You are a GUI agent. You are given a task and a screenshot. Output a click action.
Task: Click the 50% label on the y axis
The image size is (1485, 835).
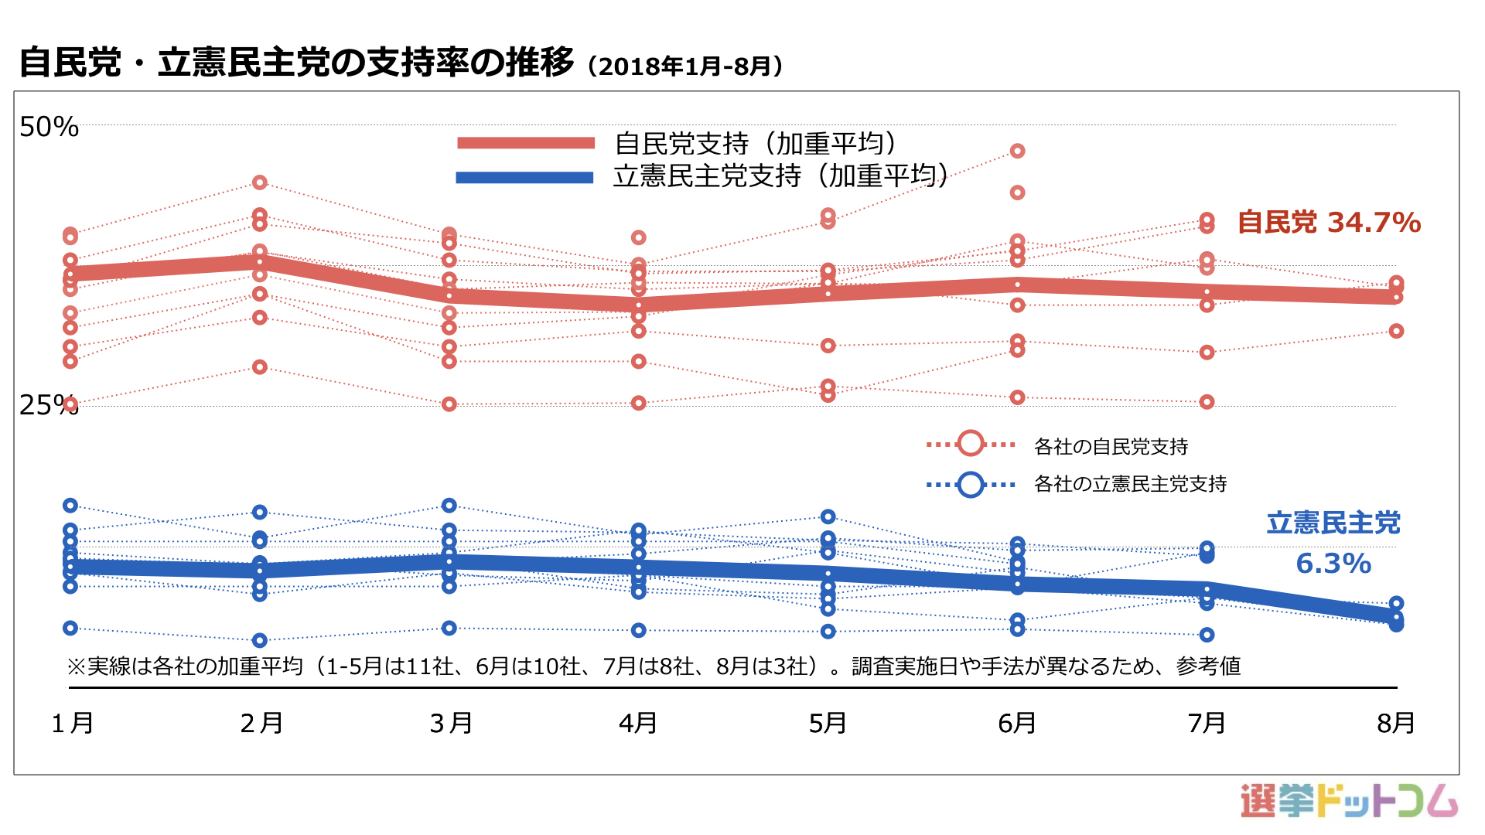(49, 127)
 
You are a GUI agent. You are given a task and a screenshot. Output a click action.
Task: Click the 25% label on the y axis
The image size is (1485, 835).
(49, 404)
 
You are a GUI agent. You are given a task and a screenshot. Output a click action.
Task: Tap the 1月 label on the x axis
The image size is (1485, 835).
(72, 724)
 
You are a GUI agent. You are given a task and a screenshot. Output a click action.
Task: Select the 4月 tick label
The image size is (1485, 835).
(638, 724)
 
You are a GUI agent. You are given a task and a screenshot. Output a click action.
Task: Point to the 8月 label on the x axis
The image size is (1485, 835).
(1396, 724)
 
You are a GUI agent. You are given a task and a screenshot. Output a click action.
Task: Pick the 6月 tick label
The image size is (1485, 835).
(1017, 724)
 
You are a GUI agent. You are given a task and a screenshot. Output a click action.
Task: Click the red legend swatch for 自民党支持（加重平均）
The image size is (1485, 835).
(526, 143)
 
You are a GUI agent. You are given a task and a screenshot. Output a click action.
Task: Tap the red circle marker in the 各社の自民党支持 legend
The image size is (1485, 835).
(971, 444)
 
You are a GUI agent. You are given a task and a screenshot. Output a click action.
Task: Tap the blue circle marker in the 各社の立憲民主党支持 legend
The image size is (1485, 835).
(971, 485)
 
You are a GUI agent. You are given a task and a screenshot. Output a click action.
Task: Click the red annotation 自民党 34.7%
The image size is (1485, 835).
(1329, 223)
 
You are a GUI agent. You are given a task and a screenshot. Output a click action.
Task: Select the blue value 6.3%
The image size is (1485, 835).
(1333, 564)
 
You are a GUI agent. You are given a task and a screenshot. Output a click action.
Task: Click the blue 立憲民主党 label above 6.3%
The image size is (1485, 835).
(1333, 523)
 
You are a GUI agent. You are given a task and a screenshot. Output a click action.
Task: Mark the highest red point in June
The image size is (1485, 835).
(1018, 151)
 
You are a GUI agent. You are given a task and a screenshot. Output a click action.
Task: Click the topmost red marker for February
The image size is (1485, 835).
(260, 182)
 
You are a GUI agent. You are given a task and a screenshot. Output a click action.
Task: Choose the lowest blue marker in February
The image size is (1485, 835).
(260, 640)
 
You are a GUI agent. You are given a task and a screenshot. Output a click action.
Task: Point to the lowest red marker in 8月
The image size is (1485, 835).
(1396, 331)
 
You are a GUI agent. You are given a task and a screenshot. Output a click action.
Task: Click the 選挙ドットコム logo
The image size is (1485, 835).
(1349, 801)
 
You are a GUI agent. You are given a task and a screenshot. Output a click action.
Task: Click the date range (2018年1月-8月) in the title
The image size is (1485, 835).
(685, 66)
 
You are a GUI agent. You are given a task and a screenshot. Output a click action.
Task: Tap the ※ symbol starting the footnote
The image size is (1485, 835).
(76, 666)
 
